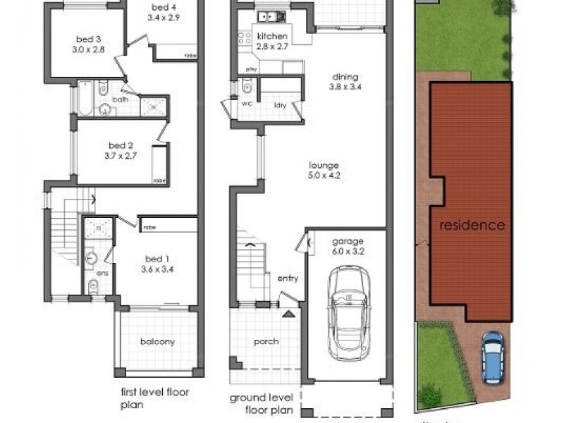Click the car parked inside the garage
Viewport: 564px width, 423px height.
click(346, 311)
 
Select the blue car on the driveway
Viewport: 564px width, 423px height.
click(491, 357)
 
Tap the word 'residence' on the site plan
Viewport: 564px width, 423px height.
click(472, 226)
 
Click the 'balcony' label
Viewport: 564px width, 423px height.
click(157, 342)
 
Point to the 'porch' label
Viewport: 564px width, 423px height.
click(264, 342)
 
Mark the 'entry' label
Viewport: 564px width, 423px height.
click(288, 278)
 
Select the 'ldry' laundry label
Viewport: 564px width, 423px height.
click(280, 106)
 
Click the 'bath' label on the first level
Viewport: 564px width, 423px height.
click(121, 99)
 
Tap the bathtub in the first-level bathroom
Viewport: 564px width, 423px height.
click(85, 99)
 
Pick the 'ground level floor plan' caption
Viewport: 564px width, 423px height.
click(261, 403)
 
